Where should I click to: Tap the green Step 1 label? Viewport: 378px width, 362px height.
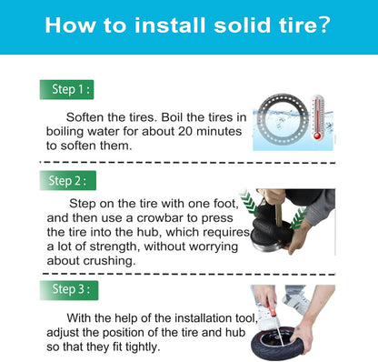pos(66,89)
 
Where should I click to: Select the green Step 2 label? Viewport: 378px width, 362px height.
pos(68,180)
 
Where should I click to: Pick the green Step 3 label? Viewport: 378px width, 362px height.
pos(69,290)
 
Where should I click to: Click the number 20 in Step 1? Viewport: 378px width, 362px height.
pos(185,131)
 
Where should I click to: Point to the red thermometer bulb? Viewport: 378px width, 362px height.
pos(317,136)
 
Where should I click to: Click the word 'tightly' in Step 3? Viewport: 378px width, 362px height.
pos(143,347)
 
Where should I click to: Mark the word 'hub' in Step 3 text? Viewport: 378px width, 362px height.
pos(235,332)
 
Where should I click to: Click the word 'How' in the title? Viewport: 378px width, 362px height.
pos(70,25)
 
